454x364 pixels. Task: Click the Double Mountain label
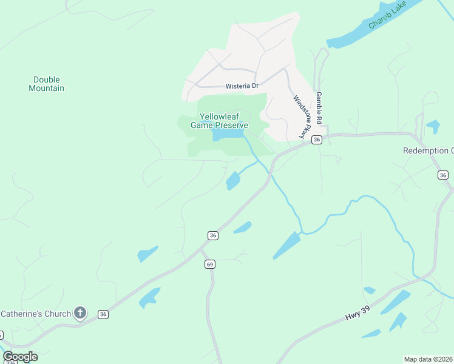coord(46,84)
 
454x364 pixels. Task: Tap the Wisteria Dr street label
coord(242,86)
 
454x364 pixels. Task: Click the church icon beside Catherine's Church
coord(80,313)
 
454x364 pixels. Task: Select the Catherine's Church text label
coord(35,314)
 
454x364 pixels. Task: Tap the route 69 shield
coord(210,264)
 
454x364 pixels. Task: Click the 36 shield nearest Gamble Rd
coord(316,140)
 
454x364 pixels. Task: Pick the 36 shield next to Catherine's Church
coord(103,314)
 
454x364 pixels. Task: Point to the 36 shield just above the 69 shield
coord(212,235)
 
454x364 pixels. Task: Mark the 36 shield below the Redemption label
coord(443,175)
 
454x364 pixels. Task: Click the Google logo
coord(20,357)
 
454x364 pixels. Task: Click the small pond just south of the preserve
coord(232,181)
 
